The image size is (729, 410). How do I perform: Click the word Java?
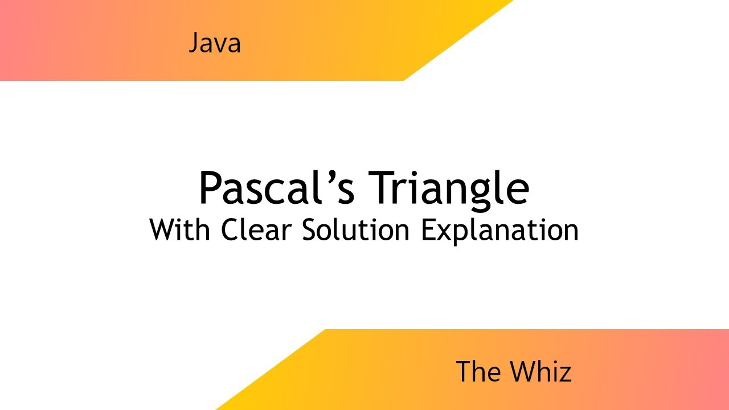click(215, 44)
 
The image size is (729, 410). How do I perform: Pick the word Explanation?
click(499, 231)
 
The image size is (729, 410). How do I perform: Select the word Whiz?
click(540, 372)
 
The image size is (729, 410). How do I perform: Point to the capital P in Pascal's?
click(210, 188)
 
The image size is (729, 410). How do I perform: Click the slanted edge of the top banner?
click(458, 40)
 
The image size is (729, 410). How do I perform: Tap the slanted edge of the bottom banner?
click(271, 370)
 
